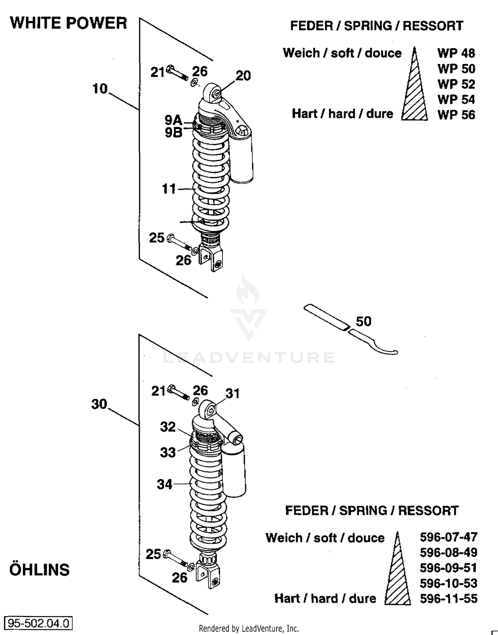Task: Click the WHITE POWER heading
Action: pyautogui.click(x=68, y=23)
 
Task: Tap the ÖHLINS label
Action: pyautogui.click(x=40, y=569)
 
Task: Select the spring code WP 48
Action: pyautogui.click(x=456, y=53)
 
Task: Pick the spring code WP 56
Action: pyautogui.click(x=456, y=115)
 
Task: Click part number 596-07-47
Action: pyautogui.click(x=448, y=537)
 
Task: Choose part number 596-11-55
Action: pyautogui.click(x=448, y=598)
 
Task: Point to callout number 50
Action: pyautogui.click(x=364, y=321)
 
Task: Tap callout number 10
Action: pyautogui.click(x=100, y=89)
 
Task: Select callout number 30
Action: pyautogui.click(x=99, y=404)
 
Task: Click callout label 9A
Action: pyautogui.click(x=173, y=119)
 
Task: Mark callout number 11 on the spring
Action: pyautogui.click(x=169, y=189)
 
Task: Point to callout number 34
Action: pyautogui.click(x=165, y=484)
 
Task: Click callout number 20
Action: pyautogui.click(x=243, y=76)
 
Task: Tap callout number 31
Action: pyautogui.click(x=232, y=393)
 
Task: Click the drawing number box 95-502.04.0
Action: pyautogui.click(x=38, y=623)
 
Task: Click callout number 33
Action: pyautogui.click(x=168, y=452)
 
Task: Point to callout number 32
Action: pyautogui.click(x=168, y=427)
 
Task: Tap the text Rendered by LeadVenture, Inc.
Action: pyautogui.click(x=249, y=628)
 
